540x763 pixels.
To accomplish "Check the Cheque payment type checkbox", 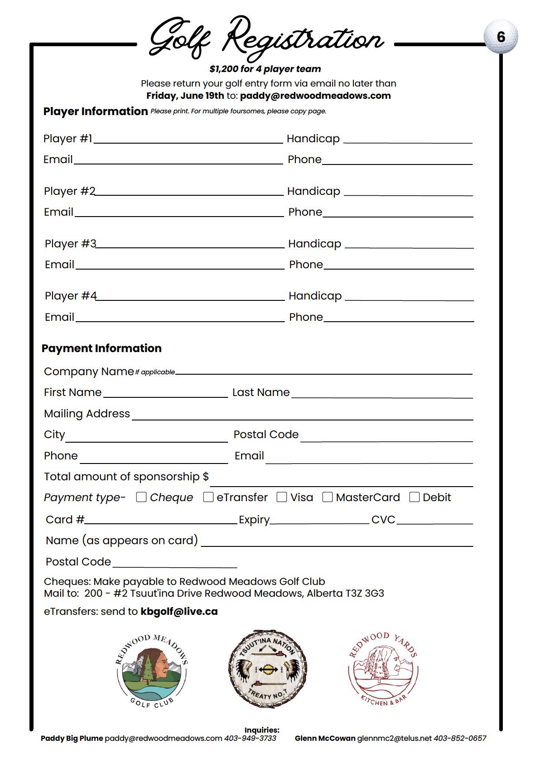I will click(x=141, y=497).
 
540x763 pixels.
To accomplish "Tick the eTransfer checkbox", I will click(x=208, y=497).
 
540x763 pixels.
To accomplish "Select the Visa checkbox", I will click(x=282, y=497).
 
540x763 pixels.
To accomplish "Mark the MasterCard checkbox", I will click(x=327, y=497).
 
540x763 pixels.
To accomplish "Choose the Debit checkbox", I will click(x=414, y=497).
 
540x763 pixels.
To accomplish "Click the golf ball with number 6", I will click(x=501, y=37).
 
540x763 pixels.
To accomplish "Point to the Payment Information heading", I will click(x=101, y=348).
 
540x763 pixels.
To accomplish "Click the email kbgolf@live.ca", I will click(x=179, y=612).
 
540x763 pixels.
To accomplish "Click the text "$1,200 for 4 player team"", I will click(x=265, y=69).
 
